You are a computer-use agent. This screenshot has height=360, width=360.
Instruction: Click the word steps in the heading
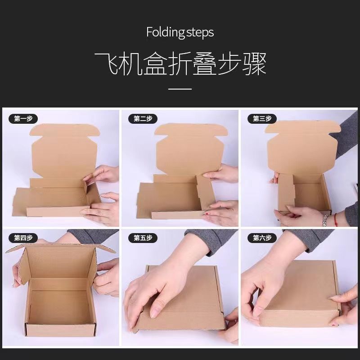200,33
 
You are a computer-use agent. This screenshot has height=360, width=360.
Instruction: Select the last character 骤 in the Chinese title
254,63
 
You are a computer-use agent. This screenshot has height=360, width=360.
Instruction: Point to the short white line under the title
180,89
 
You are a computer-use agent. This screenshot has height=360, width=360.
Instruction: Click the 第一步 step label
23,119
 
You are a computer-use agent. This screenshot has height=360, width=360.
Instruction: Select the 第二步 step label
143,119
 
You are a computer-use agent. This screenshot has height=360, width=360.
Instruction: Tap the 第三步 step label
262,119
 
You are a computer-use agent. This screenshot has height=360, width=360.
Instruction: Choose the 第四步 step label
23,238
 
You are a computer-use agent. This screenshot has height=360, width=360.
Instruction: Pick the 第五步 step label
143,238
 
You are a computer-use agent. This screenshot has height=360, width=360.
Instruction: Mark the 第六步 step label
262,238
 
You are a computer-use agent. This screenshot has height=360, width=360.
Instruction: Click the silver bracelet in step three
325,220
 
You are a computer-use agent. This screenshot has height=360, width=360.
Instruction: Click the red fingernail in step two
207,214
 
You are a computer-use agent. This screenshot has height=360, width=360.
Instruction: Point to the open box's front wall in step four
61,330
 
